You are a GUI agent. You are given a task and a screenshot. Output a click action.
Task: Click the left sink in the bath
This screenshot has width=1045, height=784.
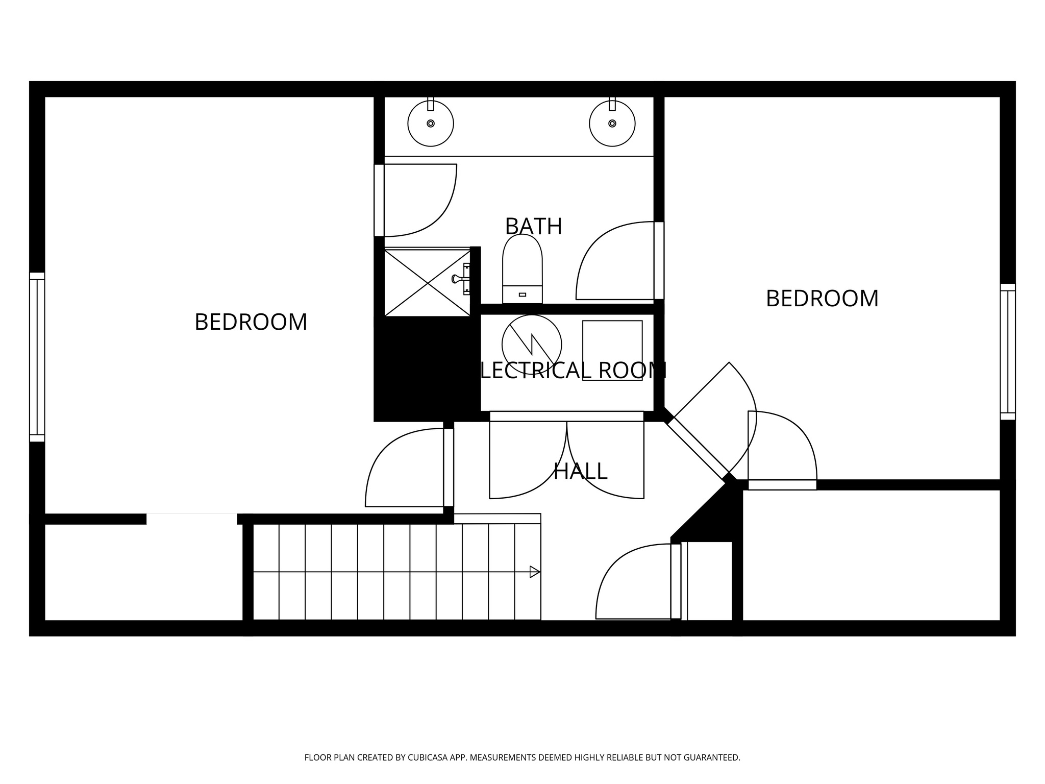[x=431, y=124]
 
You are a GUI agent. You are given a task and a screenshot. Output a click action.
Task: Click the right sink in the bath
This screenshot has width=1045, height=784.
[x=612, y=124]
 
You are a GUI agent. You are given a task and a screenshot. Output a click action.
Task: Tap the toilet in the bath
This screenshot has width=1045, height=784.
[x=522, y=268]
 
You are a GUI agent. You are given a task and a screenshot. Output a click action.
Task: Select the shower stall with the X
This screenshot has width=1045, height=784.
[x=427, y=283]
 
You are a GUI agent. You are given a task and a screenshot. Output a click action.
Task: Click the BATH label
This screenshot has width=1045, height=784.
[x=533, y=226]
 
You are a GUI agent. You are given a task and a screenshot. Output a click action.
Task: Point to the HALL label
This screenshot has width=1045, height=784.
[x=580, y=471]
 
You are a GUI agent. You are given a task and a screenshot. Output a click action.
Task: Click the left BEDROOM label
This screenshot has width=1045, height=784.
[x=251, y=322]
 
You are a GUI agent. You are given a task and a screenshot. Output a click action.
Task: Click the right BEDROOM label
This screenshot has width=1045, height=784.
[x=822, y=299]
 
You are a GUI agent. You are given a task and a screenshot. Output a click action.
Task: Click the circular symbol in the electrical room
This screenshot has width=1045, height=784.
[x=532, y=345]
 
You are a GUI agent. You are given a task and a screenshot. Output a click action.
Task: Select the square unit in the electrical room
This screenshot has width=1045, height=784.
[x=612, y=350]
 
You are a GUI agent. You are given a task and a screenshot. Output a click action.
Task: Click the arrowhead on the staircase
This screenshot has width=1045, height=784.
[x=534, y=572]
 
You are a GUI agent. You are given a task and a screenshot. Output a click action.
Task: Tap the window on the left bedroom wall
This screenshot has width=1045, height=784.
[x=37, y=357]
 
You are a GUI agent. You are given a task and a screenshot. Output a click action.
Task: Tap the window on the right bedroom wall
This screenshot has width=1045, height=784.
[x=1007, y=352]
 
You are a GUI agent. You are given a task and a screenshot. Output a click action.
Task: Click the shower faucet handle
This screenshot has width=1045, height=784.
[x=457, y=279]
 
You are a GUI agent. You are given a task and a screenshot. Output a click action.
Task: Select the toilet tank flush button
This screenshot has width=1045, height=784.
[x=522, y=295]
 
